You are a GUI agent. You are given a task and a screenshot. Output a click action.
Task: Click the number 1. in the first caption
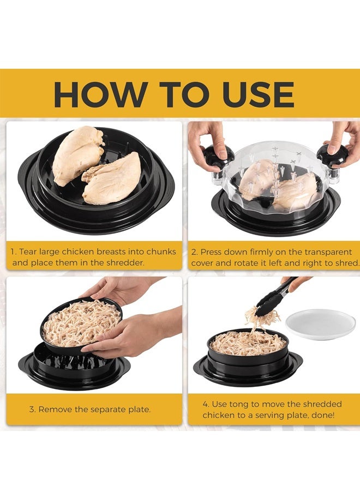pos(15,252)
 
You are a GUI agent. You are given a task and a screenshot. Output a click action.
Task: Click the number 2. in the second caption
pos(195,252)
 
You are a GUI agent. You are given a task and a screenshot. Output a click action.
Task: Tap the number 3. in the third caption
pos(33,409)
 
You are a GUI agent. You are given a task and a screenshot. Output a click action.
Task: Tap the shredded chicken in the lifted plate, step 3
pos(81,324)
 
